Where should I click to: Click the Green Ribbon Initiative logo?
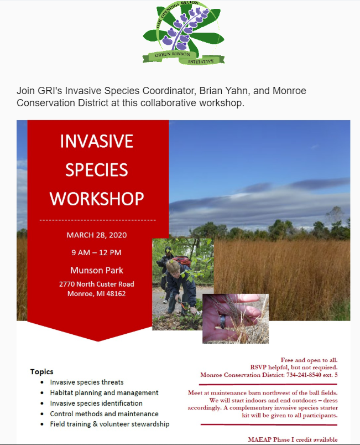pos(184,33)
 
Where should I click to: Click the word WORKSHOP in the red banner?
pos(97,199)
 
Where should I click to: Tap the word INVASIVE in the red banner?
pos(97,141)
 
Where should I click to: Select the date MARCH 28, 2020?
pos(97,235)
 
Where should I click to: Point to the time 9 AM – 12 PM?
pos(96,252)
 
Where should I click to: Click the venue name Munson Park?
pos(97,270)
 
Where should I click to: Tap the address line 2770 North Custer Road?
pos(97,284)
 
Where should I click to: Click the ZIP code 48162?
pos(116,294)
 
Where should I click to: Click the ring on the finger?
pos(223,322)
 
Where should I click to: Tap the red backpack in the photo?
pos(182,261)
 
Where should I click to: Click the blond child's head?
pos(173,268)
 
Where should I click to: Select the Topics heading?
pos(41,372)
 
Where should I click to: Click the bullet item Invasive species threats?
pos(87,382)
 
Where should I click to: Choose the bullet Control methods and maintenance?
pos(105,414)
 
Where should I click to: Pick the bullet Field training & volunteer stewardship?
pos(109,424)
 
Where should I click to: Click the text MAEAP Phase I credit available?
pos(293,439)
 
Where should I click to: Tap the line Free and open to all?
pos(309,360)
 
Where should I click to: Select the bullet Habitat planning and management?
pos(104,393)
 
